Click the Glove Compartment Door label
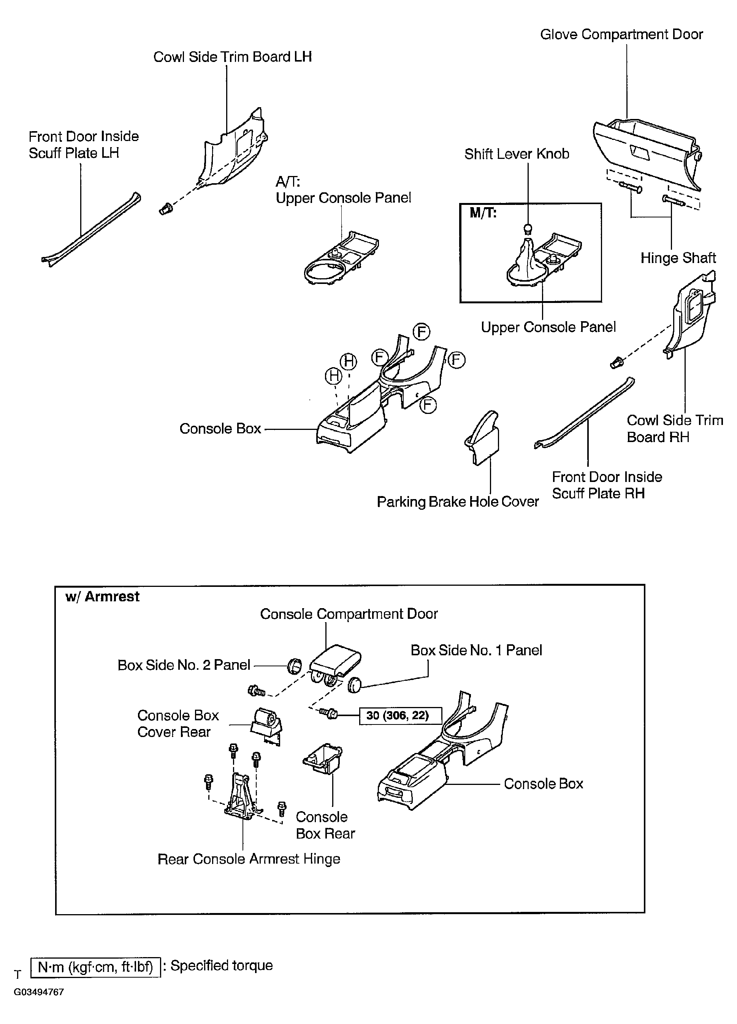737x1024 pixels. [x=621, y=35]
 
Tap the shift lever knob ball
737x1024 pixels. [x=528, y=228]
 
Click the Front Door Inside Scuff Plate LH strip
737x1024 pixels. [x=90, y=230]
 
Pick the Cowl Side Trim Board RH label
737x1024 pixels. [x=674, y=428]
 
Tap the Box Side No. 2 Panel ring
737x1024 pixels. [x=295, y=665]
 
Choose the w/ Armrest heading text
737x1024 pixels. [x=103, y=596]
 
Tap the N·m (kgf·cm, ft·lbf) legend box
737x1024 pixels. [x=95, y=967]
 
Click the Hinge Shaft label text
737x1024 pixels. [x=678, y=258]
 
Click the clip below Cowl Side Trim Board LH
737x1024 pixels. [x=165, y=209]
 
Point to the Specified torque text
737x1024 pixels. [x=221, y=966]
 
